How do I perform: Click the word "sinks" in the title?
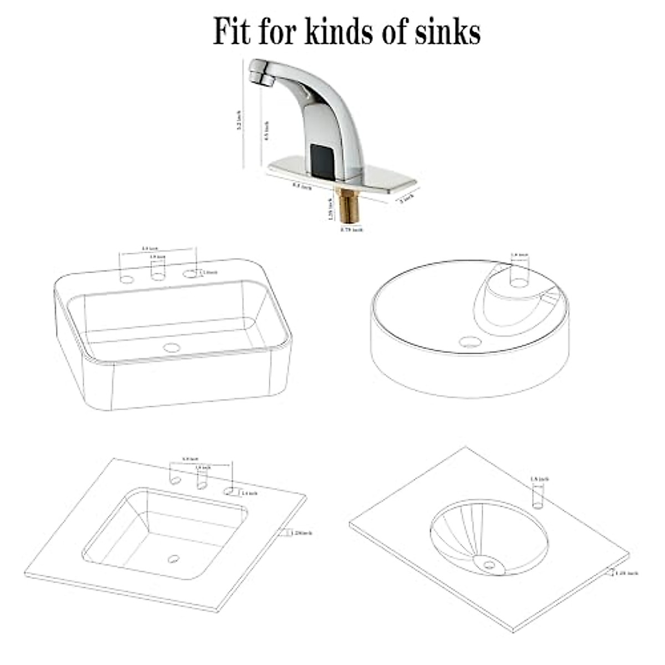coord(448,32)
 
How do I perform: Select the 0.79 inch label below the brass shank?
coord(351,229)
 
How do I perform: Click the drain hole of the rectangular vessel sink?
coord(172,348)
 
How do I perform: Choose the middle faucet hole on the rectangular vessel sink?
coord(158,275)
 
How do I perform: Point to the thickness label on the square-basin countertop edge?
coord(301,533)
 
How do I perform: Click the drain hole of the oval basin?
coord(489,565)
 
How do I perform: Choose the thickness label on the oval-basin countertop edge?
coord(626,573)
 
